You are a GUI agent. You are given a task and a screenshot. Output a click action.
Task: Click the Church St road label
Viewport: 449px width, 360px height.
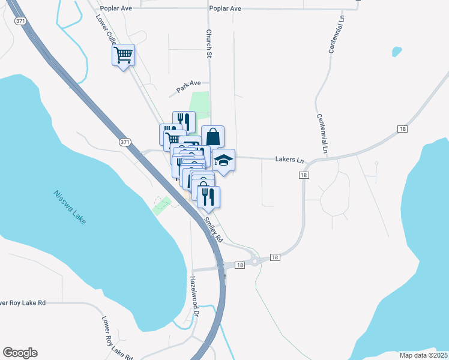(x=209, y=44)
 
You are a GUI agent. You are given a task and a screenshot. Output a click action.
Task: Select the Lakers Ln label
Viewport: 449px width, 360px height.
(x=290, y=160)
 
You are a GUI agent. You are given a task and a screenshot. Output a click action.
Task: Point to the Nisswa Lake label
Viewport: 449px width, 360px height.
(x=70, y=208)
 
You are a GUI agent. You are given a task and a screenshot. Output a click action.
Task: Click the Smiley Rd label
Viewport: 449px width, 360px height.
(x=213, y=230)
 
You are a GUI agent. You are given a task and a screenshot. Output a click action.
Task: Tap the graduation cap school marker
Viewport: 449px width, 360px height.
(x=223, y=160)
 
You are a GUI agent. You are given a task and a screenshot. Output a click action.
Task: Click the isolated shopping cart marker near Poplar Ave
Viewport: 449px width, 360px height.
(x=123, y=56)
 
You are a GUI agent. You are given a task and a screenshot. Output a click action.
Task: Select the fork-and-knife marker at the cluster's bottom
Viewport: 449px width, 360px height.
(x=208, y=197)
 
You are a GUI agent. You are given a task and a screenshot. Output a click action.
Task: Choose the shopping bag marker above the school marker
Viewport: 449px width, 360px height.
(x=212, y=136)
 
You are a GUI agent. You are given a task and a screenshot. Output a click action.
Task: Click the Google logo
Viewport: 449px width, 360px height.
(x=20, y=353)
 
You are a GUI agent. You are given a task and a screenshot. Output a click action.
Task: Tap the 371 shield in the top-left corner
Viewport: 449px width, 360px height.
(x=20, y=21)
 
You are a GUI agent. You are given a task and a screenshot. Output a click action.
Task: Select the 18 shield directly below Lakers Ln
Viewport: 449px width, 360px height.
(x=304, y=175)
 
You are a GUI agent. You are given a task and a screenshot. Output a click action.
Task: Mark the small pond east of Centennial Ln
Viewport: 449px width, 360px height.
(x=396, y=52)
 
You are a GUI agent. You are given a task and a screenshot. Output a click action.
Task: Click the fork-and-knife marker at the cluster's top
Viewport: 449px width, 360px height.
(x=184, y=122)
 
